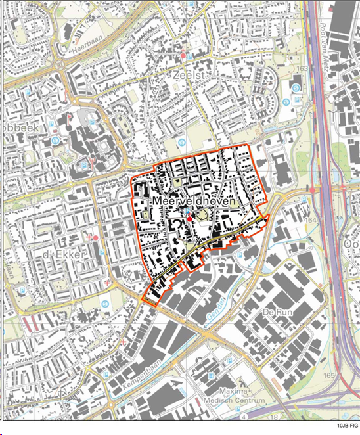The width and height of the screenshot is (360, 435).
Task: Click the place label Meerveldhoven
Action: click(x=193, y=200)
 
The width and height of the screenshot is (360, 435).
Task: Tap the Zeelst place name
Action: click(x=190, y=76)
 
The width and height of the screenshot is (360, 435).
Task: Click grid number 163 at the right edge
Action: click(x=303, y=68)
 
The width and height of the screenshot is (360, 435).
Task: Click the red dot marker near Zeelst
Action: click(x=183, y=56)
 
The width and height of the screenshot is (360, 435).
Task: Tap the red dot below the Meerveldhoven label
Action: click(x=189, y=218)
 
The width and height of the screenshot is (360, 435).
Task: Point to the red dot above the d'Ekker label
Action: click(x=96, y=237)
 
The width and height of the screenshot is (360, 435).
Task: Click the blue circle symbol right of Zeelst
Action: click(x=296, y=87)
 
